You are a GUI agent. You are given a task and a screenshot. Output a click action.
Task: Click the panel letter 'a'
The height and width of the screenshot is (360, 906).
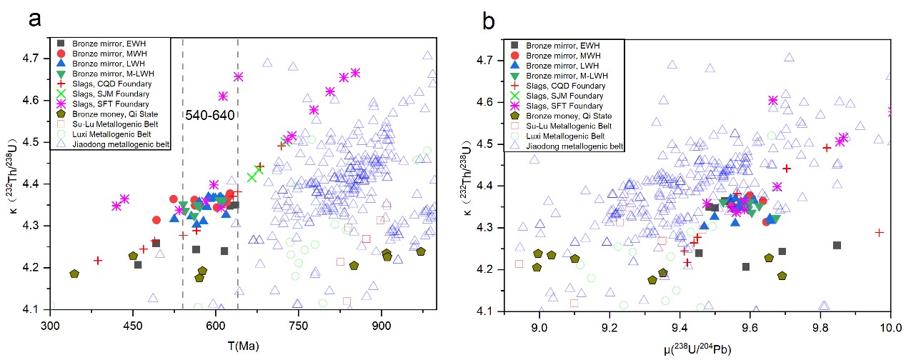(x=36, y=20)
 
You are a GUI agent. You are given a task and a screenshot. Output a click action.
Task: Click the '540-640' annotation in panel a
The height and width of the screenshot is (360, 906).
(x=210, y=114)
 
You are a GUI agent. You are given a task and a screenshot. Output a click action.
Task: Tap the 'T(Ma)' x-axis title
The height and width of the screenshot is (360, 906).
(x=242, y=346)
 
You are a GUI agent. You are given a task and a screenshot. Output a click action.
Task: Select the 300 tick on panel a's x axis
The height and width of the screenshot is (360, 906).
(x=50, y=326)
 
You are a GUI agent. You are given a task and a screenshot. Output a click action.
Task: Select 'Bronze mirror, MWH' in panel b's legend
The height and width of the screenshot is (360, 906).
(x=564, y=55)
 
